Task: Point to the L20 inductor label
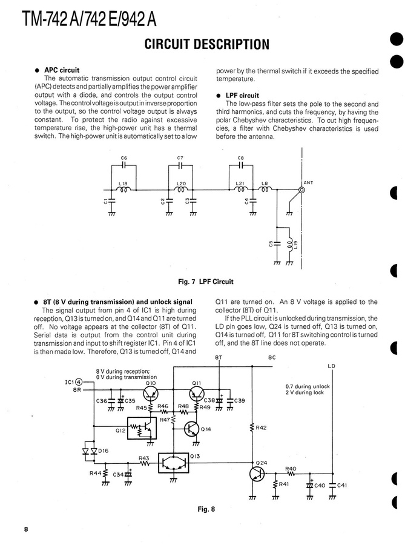(180, 183)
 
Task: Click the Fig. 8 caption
(206, 509)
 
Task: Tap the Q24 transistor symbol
(257, 473)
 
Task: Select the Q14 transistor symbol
(191, 429)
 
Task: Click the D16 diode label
(103, 451)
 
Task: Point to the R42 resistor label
(262, 428)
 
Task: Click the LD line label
(331, 366)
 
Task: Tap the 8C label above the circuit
(272, 357)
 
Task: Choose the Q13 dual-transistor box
(173, 463)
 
